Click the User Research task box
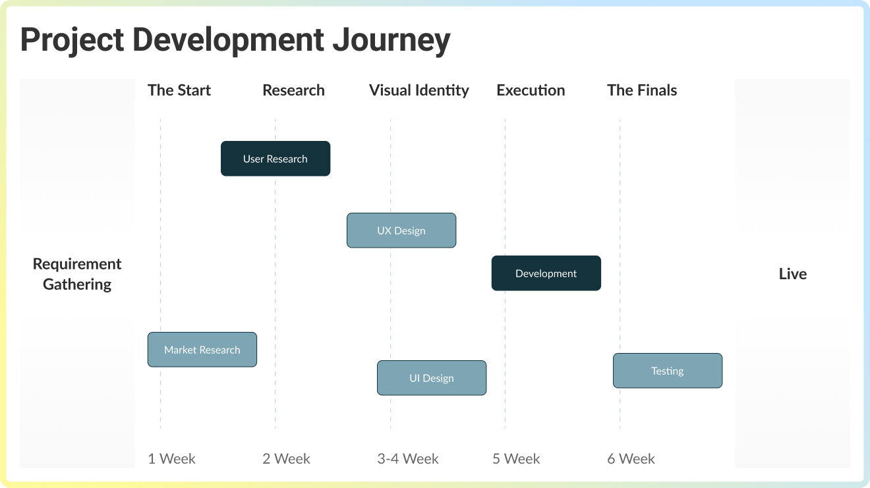click(x=275, y=159)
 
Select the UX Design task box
click(x=401, y=230)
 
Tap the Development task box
click(x=546, y=273)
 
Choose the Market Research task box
click(x=202, y=350)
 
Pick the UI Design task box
click(x=432, y=378)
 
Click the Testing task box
click(x=668, y=371)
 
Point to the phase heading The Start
click(x=179, y=90)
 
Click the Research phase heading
click(x=293, y=90)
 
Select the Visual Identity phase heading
click(x=419, y=90)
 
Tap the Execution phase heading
click(x=531, y=90)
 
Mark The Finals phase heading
click(x=642, y=90)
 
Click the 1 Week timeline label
click(x=171, y=458)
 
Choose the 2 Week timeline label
click(x=286, y=458)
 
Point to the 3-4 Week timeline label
click(x=408, y=458)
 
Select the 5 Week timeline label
click(x=516, y=458)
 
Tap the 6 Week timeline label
click(x=631, y=458)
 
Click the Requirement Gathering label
click(x=77, y=274)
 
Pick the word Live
click(x=792, y=274)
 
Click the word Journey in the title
click(x=391, y=40)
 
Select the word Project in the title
click(x=72, y=40)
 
